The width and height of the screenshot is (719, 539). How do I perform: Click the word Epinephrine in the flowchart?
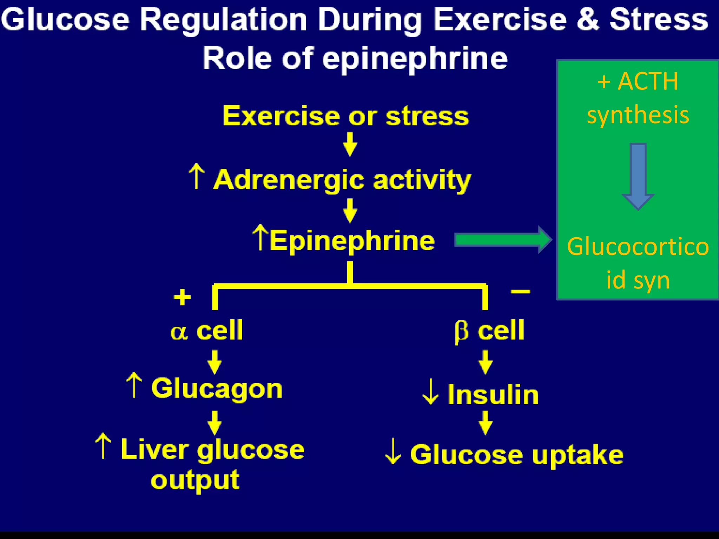point(352,241)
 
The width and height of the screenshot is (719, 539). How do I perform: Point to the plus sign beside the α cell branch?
point(182,297)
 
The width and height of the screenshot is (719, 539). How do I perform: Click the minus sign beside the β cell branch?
point(520,291)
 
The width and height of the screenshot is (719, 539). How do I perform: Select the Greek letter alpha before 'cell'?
point(179,332)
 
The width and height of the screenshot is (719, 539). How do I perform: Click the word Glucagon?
point(217,389)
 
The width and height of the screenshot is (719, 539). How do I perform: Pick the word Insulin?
point(493,395)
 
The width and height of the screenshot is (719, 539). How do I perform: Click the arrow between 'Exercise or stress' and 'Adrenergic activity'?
point(350,144)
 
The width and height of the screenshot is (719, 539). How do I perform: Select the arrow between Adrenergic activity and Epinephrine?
point(350,211)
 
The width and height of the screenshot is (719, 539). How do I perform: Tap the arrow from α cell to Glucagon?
point(215,362)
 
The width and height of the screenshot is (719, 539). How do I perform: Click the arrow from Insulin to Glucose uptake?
point(486,423)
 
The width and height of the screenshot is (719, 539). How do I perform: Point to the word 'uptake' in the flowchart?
point(578,455)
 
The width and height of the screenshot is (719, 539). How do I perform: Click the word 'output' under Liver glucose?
point(195,480)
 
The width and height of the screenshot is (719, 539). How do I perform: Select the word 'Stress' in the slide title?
point(659,20)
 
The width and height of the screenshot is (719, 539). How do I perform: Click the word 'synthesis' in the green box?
point(638,115)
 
